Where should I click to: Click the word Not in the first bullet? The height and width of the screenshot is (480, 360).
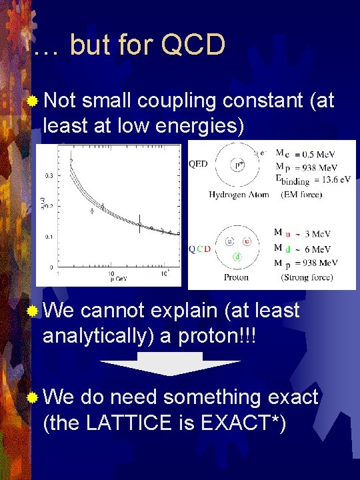point(61,101)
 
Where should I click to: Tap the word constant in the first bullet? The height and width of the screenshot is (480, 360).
point(250,101)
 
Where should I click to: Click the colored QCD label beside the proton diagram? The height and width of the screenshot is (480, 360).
point(200,249)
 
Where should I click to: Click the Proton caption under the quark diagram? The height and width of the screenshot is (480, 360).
point(236,277)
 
